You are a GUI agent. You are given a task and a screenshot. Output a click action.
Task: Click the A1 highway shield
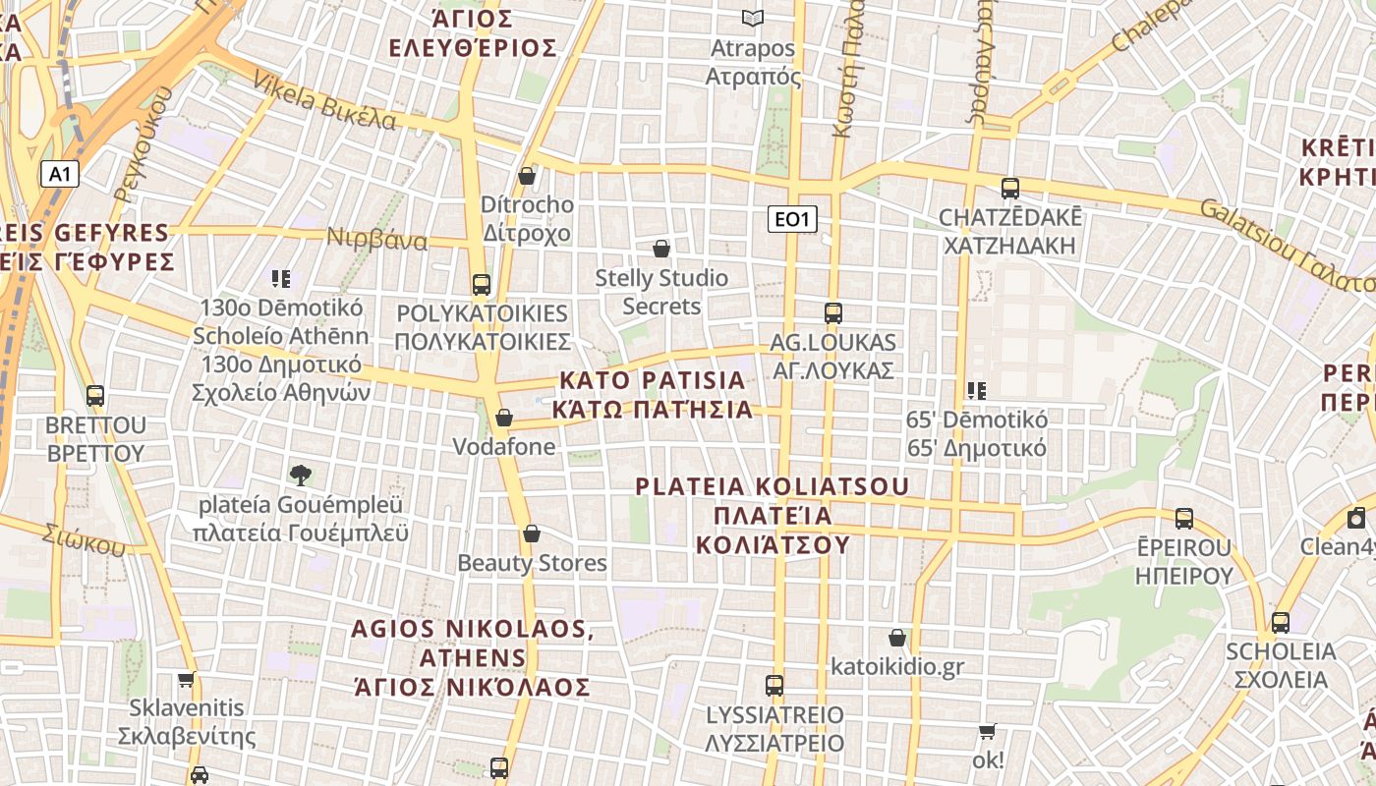pos(60,175)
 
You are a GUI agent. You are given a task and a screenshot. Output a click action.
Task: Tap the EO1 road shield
pos(792,219)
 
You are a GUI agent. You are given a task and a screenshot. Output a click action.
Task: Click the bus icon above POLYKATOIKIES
pos(482,285)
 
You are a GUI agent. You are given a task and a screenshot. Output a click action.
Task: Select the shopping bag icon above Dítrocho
pos(527,177)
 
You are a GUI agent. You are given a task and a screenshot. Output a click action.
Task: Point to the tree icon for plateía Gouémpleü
pos(301,476)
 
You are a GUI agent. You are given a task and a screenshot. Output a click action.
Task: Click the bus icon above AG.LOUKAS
pos(833,313)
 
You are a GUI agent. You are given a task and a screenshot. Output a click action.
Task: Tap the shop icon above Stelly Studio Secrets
pos(661,250)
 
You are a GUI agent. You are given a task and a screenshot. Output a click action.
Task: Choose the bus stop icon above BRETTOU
pos(95,396)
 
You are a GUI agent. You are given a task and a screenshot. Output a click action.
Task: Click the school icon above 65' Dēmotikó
pos(976,391)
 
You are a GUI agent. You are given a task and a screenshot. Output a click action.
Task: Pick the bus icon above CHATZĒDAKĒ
pos(1009,188)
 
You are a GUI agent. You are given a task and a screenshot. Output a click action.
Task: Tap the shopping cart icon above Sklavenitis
pos(187,679)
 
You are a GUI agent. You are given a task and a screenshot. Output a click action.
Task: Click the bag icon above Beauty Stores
pos(532,533)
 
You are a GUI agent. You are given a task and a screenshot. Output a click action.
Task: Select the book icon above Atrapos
pos(753,19)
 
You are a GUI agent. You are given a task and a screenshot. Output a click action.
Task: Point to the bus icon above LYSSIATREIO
pos(774,685)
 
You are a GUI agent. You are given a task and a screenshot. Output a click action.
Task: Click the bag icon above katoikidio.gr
pos(896,639)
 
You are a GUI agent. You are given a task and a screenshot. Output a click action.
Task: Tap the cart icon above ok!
pos(987,732)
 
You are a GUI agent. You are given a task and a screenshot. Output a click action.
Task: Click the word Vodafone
pos(503,447)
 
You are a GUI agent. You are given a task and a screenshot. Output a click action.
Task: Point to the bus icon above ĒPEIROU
pos(1184,518)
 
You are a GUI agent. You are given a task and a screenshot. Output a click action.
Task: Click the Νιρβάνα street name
pos(377,240)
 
